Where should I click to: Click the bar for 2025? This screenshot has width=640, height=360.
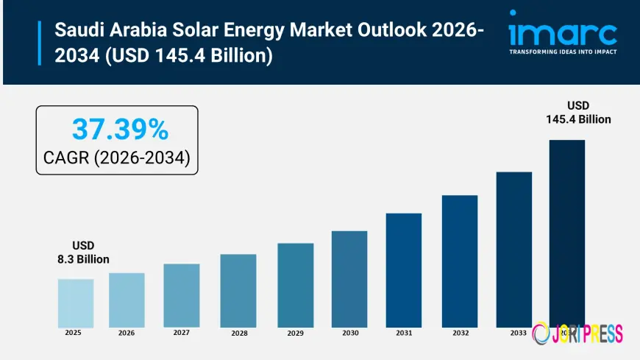[76, 303]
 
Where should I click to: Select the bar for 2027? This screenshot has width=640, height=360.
[182, 295]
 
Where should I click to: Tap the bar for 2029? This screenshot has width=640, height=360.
[295, 285]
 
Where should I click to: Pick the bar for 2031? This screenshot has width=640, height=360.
[404, 270]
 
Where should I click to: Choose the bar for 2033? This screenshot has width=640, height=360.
[513, 250]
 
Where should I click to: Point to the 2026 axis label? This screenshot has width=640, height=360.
[127, 333]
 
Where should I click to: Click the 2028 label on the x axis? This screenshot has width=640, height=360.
[239, 333]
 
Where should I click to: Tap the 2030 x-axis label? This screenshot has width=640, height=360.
[350, 333]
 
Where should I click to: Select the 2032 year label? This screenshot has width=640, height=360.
[461, 333]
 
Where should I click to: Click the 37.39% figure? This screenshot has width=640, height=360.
[120, 130]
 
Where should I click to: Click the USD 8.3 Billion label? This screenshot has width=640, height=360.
[83, 252]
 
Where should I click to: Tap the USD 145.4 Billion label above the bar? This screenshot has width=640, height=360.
[578, 113]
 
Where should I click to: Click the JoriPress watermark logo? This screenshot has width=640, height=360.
[577, 333]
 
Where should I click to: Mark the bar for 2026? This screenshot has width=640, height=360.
[127, 300]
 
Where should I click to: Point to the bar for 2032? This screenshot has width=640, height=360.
[460, 261]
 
